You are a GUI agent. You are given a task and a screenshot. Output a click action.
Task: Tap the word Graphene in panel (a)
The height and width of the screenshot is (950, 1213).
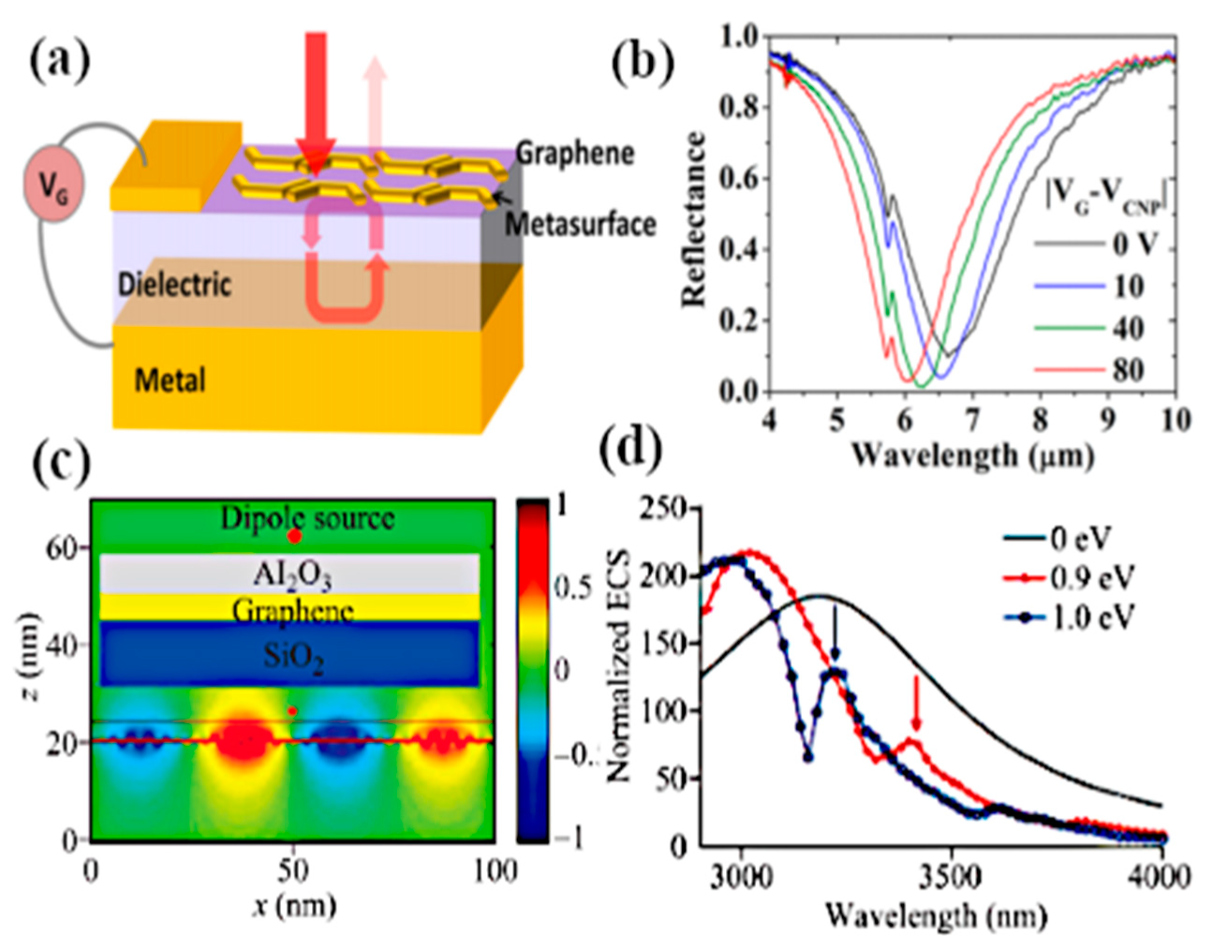(575, 153)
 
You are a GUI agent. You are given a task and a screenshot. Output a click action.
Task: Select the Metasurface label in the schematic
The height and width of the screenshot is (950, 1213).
(581, 224)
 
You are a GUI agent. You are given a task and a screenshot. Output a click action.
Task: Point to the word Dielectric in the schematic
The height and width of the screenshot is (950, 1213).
(174, 284)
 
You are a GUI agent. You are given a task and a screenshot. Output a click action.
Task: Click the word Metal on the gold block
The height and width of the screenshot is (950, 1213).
(170, 380)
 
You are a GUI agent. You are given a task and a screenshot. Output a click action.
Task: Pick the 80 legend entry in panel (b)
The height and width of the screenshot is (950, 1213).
(1128, 369)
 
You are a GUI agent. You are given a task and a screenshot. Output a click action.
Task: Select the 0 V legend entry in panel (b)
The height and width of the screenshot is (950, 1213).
(1133, 245)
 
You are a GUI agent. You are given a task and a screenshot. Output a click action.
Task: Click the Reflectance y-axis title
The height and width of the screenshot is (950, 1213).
(694, 219)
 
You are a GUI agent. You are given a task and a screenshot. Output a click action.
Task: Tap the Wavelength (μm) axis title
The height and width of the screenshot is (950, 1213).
(972, 455)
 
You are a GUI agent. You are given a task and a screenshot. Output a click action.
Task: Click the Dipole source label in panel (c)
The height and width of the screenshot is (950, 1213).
(307, 518)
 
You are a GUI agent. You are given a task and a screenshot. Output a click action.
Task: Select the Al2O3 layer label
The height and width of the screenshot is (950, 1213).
(291, 574)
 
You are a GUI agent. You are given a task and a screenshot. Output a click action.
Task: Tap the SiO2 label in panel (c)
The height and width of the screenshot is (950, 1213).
(293, 656)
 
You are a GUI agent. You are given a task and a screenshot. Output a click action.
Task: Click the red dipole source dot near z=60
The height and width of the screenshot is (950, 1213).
(295, 537)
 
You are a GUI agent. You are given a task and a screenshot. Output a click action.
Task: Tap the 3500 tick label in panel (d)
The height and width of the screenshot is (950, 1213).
(951, 877)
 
